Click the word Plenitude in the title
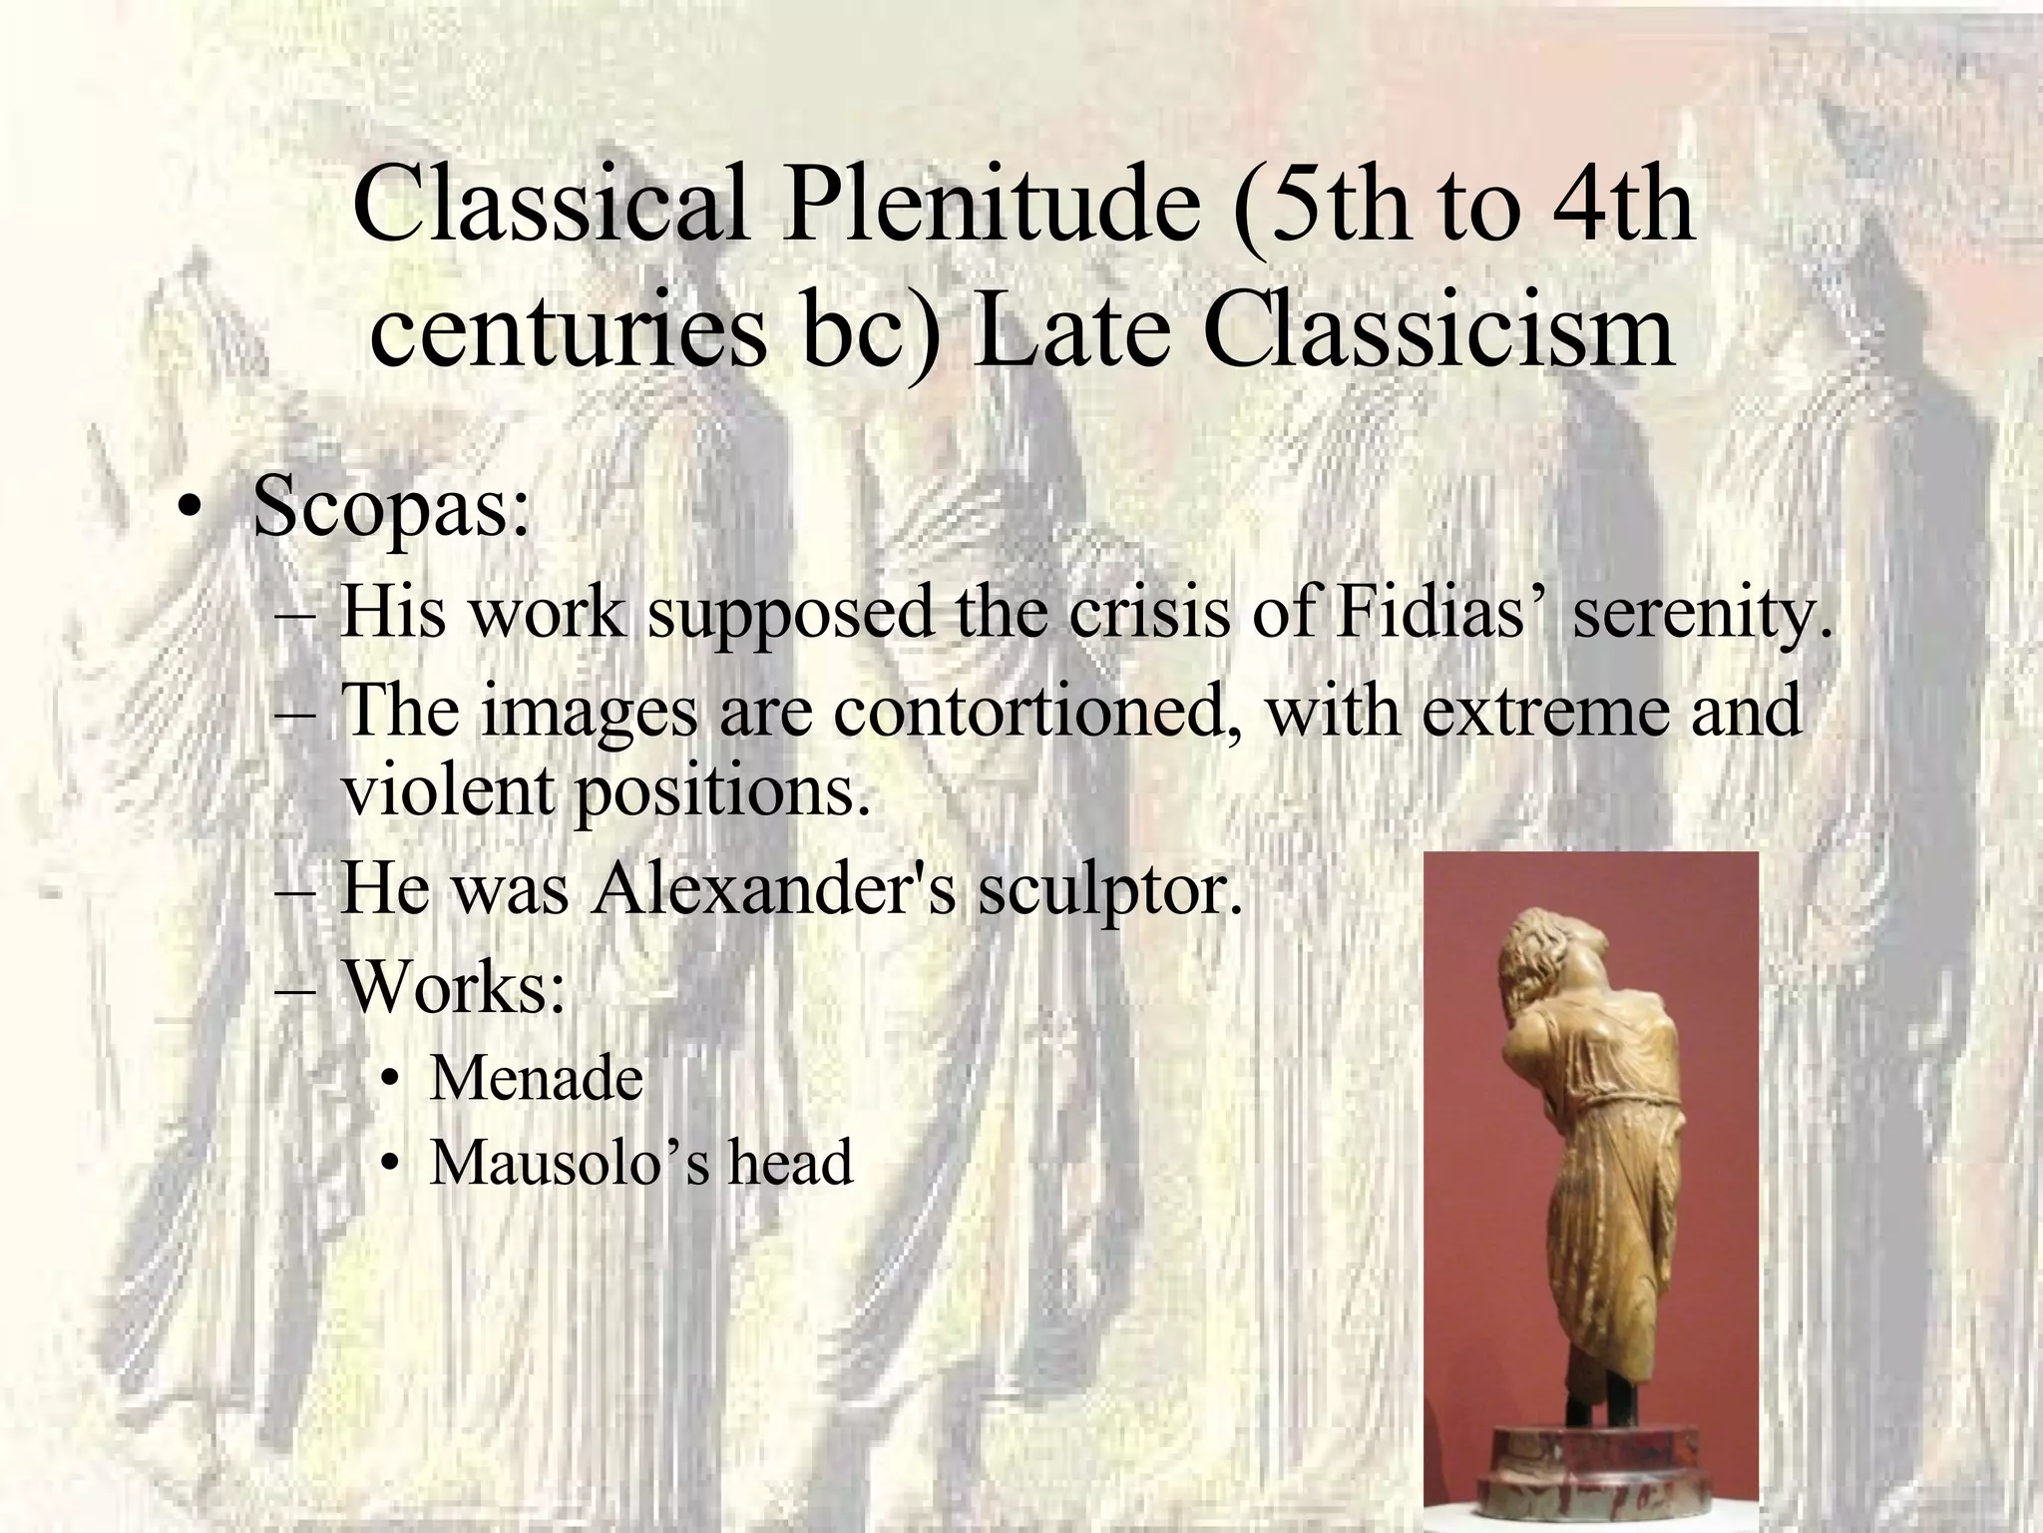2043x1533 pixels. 990,208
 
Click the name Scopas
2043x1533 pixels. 389,508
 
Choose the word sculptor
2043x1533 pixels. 1109,891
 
